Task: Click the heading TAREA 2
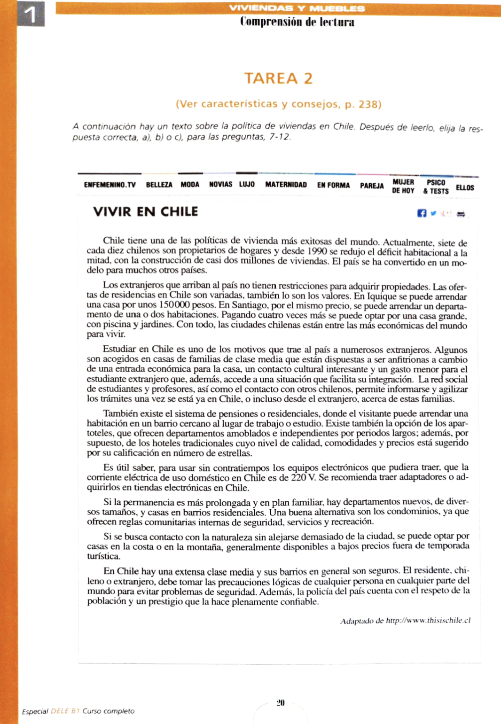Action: pos(278,78)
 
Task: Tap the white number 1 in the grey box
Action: pos(31,15)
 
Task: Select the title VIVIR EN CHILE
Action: pos(145,212)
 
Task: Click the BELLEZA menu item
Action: pos(159,185)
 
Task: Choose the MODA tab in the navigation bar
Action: pos(190,185)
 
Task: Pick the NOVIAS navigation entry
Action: pos(220,185)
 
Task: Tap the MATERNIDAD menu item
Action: pos(286,185)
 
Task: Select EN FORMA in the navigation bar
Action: pos(333,186)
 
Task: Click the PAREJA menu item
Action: pos(372,186)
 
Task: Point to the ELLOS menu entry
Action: pos(465,188)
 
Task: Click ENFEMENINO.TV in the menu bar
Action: pos(110,185)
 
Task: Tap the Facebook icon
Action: pos(422,213)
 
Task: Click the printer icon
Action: pos(461,214)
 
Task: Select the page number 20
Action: pos(281,703)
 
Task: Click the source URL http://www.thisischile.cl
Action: pos(428,621)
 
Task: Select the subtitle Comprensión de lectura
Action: pos(297,22)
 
